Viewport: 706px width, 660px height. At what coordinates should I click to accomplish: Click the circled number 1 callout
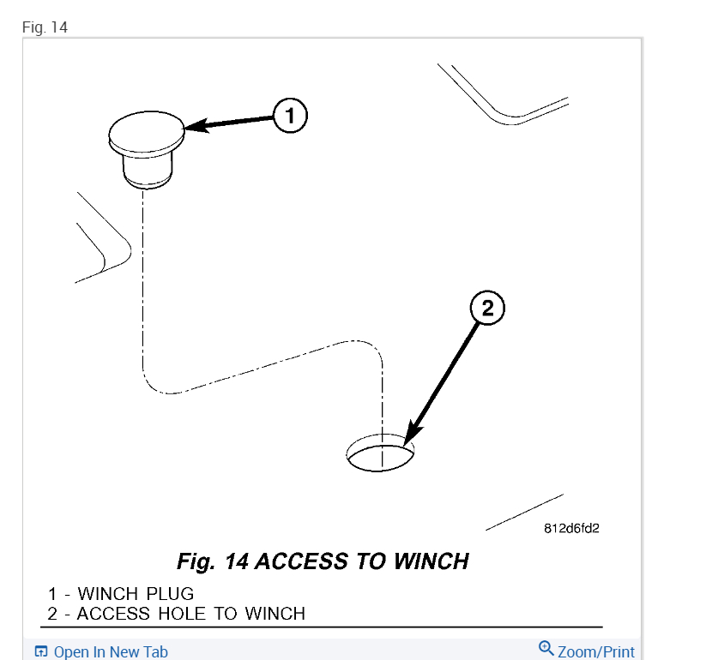290,115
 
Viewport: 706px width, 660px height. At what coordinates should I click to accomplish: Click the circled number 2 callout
487,309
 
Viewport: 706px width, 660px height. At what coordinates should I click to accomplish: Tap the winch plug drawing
146,146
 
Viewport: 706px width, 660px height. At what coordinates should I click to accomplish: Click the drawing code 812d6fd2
571,528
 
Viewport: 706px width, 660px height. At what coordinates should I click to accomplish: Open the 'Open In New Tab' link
111,651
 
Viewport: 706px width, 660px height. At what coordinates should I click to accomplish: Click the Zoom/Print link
596,651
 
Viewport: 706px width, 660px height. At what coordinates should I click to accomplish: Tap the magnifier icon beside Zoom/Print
546,648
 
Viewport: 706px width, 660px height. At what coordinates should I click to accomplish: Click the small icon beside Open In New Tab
41,651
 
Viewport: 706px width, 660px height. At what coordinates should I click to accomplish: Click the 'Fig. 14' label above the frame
45,27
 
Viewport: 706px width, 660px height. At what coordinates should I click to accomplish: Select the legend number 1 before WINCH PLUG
52,593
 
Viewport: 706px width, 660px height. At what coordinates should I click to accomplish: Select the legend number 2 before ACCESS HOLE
52,613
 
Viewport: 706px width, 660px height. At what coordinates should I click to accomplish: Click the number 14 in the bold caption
236,561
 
